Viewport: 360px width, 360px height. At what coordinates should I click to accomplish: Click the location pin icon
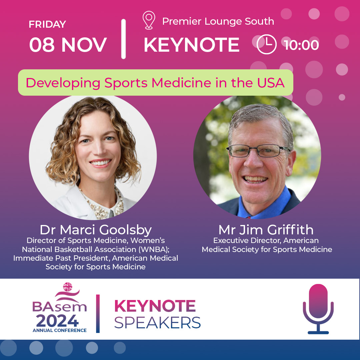[x=149, y=20]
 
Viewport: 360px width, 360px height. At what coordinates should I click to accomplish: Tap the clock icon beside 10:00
[x=267, y=45]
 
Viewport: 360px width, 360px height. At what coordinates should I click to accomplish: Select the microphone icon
[x=318, y=308]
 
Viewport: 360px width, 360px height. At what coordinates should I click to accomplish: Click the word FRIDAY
[x=47, y=24]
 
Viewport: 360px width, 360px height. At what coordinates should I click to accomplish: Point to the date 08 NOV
[x=68, y=45]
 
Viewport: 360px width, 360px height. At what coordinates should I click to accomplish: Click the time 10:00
[x=302, y=45]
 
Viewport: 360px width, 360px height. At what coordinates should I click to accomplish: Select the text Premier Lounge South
[x=218, y=22]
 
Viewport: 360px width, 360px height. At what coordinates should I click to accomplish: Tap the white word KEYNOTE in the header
[x=192, y=45]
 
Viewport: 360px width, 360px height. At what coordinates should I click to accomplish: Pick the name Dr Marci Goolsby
[x=95, y=230]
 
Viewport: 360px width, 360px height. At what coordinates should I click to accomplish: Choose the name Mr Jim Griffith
[x=266, y=230]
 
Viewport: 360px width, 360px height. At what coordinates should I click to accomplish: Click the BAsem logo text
[x=60, y=307]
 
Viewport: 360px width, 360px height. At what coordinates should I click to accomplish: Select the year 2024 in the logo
[x=57, y=321]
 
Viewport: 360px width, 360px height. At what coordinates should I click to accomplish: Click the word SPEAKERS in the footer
[x=157, y=322]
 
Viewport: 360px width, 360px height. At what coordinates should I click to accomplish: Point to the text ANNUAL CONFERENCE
[x=60, y=330]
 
